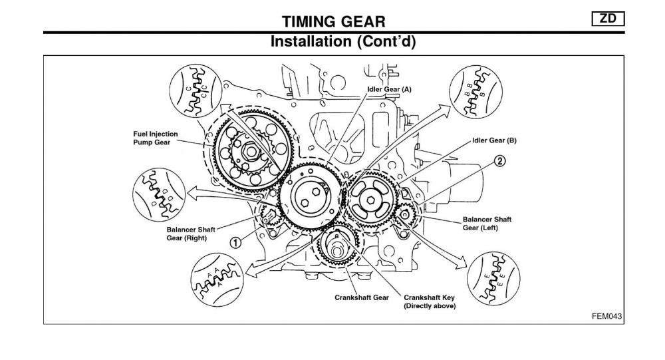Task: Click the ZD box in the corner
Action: tap(608, 19)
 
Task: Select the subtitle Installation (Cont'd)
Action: tap(344, 41)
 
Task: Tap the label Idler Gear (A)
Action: tap(389, 89)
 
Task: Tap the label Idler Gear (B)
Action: tap(494, 140)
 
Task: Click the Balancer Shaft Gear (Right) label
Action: tap(187, 233)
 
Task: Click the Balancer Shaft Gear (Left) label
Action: tap(487, 223)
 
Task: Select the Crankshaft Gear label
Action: tap(362, 297)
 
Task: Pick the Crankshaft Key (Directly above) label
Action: tap(430, 301)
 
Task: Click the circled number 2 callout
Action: tap(499, 161)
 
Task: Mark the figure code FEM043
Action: tap(606, 316)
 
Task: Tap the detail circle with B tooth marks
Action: tap(474, 93)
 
